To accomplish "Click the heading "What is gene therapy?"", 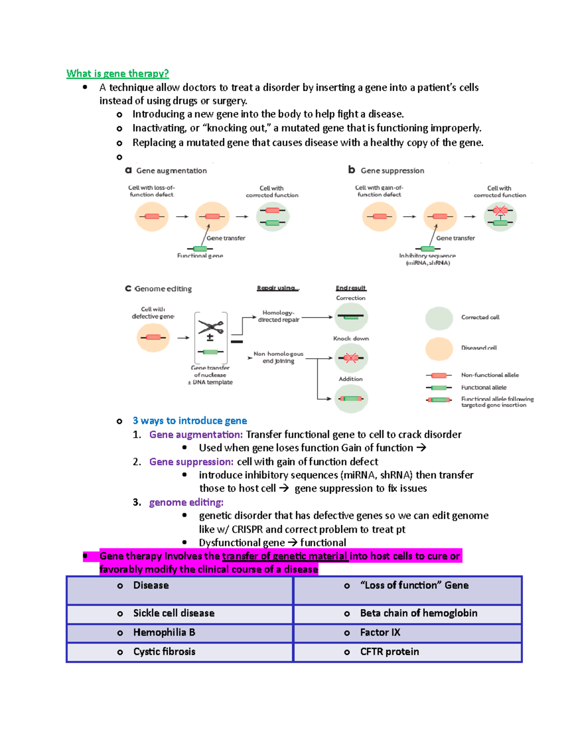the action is tap(117, 73).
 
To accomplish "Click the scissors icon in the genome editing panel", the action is tap(211, 326).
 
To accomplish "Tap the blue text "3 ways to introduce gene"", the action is tap(189, 421).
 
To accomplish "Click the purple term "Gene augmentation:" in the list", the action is tap(196, 435).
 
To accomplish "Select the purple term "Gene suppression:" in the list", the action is tap(191, 462).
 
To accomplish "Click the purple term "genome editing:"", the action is tap(186, 502).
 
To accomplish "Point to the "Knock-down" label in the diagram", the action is tap(351, 338).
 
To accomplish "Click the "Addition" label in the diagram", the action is tap(351, 379).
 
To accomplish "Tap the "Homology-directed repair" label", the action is tap(278, 316).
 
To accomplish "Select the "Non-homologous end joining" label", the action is tap(278, 357).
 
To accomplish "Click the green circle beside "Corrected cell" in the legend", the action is tap(439, 318).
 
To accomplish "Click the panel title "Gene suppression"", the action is tap(392, 171).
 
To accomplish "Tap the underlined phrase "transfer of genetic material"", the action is tap(285, 556).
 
